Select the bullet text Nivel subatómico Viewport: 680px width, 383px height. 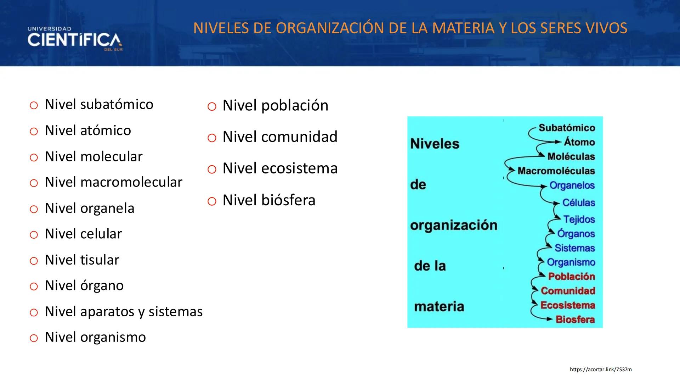[99, 104]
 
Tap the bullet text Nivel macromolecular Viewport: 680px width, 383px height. [113, 182]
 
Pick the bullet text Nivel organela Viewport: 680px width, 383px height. [90, 208]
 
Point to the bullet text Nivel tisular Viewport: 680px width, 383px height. [82, 260]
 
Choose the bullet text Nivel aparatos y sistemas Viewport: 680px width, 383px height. [124, 312]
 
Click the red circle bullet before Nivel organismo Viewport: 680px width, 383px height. [34, 338]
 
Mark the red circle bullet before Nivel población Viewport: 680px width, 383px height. [212, 106]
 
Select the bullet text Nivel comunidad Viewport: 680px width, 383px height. [280, 137]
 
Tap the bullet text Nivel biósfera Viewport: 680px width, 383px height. [269, 200]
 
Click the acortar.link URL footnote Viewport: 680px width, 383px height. [601, 370]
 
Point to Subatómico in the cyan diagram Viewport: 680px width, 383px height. [567, 128]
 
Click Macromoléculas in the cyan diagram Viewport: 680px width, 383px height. [556, 171]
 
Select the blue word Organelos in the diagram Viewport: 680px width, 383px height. [572, 185]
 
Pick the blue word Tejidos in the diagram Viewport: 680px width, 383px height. [579, 220]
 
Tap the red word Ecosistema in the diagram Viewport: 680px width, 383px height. [568, 305]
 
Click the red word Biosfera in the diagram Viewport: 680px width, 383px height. [575, 320]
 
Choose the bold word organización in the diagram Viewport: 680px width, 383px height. [454, 226]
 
